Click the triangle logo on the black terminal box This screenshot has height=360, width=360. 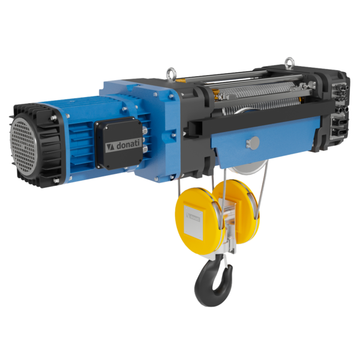point(110,148)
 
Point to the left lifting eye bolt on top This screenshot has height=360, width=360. point(171,73)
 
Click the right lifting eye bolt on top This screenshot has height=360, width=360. point(289,62)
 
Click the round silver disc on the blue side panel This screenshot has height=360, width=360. point(254,143)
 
